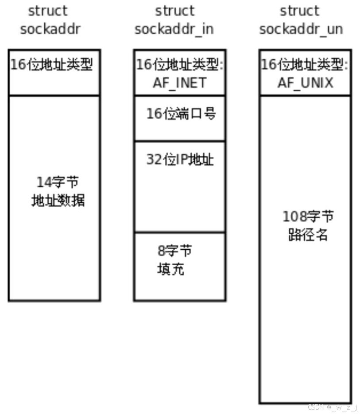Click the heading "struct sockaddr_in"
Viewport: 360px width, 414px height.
click(x=174, y=20)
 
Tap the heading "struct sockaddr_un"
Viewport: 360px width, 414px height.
click(x=301, y=20)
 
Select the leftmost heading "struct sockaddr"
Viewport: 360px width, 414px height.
click(x=50, y=20)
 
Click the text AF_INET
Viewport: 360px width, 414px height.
click(x=179, y=83)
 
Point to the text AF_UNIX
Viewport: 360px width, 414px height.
click(x=305, y=83)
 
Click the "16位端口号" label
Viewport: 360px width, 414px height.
click(x=181, y=114)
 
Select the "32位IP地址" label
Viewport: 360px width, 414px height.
click(x=180, y=159)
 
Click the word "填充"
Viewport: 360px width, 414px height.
click(x=170, y=269)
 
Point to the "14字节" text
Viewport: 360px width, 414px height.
click(x=58, y=182)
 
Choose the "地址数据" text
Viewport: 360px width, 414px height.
click(x=58, y=201)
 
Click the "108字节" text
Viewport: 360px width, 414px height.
click(x=308, y=217)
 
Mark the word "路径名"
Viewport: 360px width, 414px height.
click(x=308, y=235)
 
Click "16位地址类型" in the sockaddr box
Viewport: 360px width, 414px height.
click(x=52, y=65)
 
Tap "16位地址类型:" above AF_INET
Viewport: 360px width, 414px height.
click(x=179, y=65)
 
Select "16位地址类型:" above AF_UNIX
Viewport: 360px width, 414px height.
click(x=305, y=65)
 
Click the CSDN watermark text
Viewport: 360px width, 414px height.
click(x=333, y=406)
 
